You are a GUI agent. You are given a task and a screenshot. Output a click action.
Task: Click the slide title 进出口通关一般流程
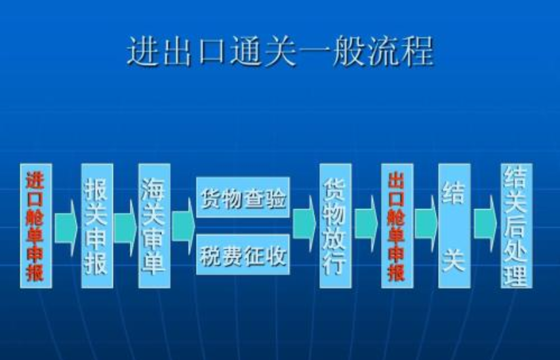[280, 52]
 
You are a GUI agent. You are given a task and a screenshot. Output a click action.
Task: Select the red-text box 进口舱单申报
[36, 225]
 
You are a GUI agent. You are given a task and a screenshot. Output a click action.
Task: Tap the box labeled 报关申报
[97, 225]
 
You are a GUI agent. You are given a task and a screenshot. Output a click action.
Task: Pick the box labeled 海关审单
[154, 225]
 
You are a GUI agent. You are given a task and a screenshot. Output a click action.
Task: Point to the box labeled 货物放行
[335, 225]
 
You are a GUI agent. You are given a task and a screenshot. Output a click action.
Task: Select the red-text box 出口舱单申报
[397, 225]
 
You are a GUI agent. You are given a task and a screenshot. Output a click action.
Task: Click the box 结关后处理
[516, 225]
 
